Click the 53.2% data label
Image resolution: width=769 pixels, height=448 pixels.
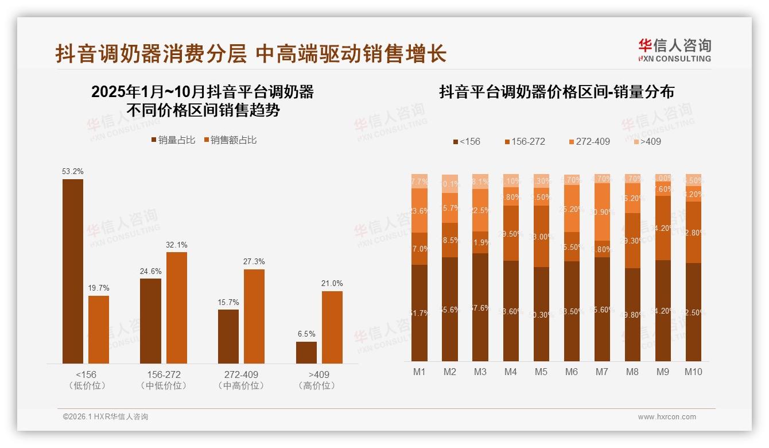pyautogui.click(x=73, y=171)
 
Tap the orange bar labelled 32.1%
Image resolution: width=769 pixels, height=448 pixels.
pyautogui.click(x=177, y=307)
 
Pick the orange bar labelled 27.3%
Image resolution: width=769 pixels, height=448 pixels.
pyautogui.click(x=254, y=316)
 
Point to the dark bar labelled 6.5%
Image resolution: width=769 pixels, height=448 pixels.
pyautogui.click(x=306, y=352)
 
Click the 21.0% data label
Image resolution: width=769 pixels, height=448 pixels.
pyautogui.click(x=332, y=283)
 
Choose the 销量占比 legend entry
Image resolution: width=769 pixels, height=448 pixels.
pyautogui.click(x=173, y=140)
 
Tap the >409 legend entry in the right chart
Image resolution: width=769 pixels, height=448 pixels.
pyautogui.click(x=647, y=141)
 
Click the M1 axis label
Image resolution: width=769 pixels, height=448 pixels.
pyautogui.click(x=420, y=372)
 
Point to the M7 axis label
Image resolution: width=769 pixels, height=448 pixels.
pyautogui.click(x=601, y=372)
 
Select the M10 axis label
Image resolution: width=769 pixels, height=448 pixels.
pyautogui.click(x=693, y=372)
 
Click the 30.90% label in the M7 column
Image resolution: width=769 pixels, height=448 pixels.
pyautogui.click(x=602, y=212)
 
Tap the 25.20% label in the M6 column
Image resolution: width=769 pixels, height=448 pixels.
pyautogui.click(x=572, y=209)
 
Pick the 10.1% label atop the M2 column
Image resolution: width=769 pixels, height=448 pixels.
pyautogui.click(x=450, y=184)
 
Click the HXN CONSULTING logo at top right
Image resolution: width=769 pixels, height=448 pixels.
pyautogui.click(x=674, y=50)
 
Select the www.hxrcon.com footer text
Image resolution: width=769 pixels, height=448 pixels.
pyautogui.click(x=667, y=417)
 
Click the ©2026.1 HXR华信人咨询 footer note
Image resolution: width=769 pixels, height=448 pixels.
pyautogui.click(x=106, y=417)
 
